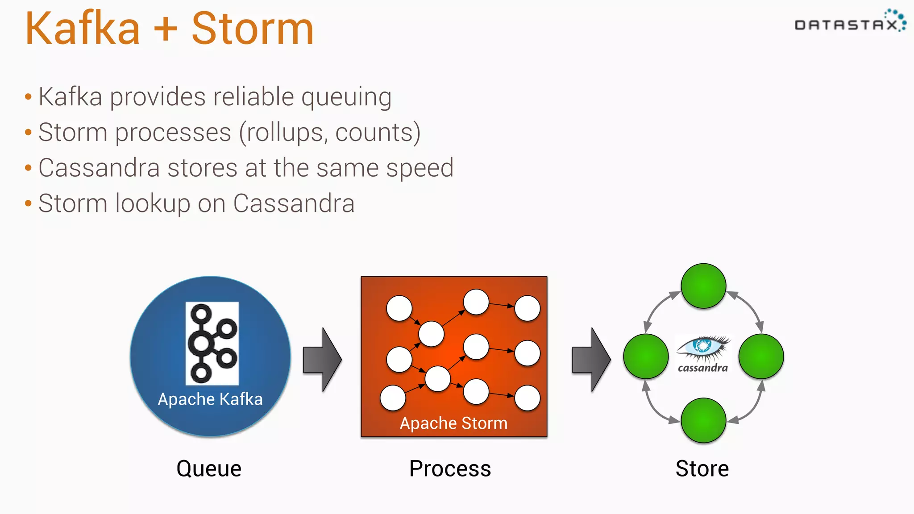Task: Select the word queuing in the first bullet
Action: point(346,97)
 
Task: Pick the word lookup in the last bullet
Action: point(153,204)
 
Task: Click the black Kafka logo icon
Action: point(212,343)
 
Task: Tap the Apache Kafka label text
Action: point(210,399)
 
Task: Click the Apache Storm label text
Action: point(453,423)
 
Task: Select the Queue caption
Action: point(209,468)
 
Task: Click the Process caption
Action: point(450,468)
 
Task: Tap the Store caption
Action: point(702,468)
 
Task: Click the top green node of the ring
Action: point(703,286)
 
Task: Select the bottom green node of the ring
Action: point(703,420)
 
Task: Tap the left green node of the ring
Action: point(646,356)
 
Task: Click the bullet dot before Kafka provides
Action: point(29,97)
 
